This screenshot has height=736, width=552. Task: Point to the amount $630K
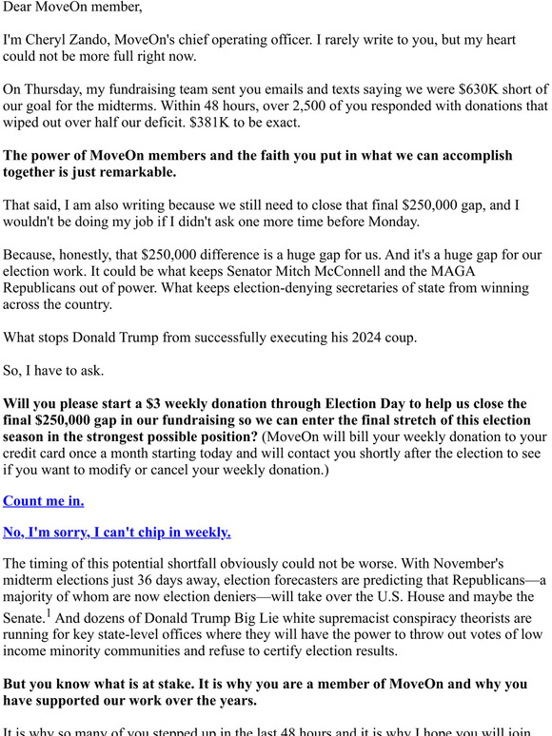click(459, 88)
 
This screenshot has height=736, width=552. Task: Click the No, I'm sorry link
click(116, 532)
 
